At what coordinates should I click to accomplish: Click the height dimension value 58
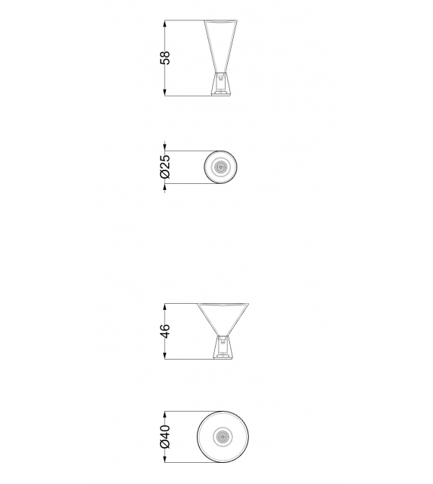[x=165, y=58]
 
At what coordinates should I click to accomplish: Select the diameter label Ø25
[x=165, y=166]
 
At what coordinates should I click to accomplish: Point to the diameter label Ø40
[x=165, y=437]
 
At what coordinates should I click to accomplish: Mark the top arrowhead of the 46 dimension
[x=165, y=306]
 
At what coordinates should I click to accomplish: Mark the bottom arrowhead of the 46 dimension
[x=165, y=358]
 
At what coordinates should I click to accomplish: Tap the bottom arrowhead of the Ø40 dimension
[x=165, y=461]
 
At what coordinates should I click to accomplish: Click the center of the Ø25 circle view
[x=222, y=167]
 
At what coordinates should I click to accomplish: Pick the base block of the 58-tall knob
[x=222, y=83]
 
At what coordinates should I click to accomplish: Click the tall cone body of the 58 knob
[x=222, y=45]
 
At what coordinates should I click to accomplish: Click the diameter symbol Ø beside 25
[x=165, y=174]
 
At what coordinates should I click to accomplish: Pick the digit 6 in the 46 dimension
[x=165, y=327]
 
